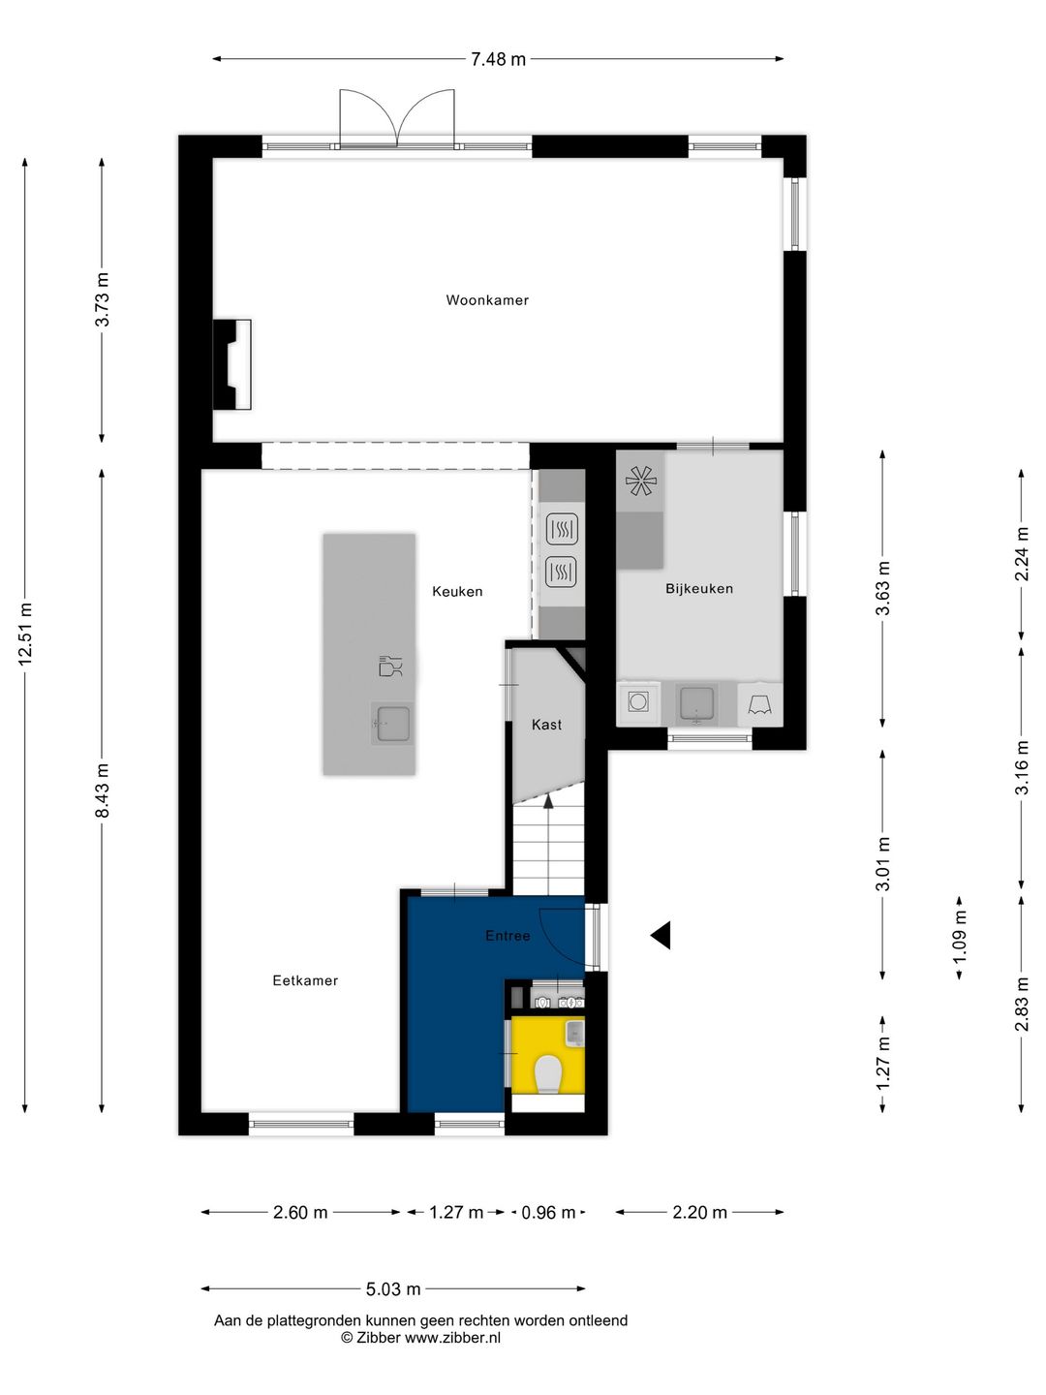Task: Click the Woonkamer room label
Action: [487, 300]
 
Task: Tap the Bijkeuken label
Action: [698, 589]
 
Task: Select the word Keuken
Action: [457, 592]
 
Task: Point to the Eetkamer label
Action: [305, 981]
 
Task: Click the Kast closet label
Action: [546, 725]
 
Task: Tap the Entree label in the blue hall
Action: [508, 936]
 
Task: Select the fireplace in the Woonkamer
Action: [232, 364]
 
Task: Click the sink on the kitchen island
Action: [393, 723]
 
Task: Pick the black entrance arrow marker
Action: [661, 935]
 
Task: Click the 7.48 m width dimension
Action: [498, 59]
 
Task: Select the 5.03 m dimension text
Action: [393, 1289]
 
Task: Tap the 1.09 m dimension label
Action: [960, 937]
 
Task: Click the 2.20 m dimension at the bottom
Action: [699, 1213]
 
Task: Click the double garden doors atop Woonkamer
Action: [397, 119]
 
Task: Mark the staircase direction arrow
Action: [548, 800]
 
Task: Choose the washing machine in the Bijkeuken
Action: [638, 701]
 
